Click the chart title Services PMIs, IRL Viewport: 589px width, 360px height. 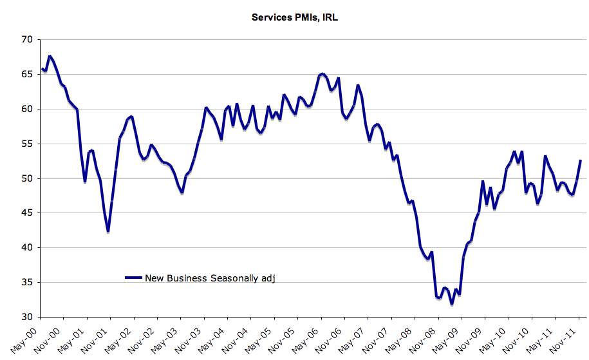[294, 17]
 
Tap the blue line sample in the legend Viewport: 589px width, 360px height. [133, 278]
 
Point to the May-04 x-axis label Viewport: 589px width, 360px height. [212, 336]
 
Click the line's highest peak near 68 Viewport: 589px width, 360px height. [50, 57]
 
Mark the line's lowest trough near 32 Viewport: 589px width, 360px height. [452, 303]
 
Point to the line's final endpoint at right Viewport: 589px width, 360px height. [581, 160]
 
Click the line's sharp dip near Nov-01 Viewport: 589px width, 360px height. [108, 231]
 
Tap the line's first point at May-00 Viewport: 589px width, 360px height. [42, 68]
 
